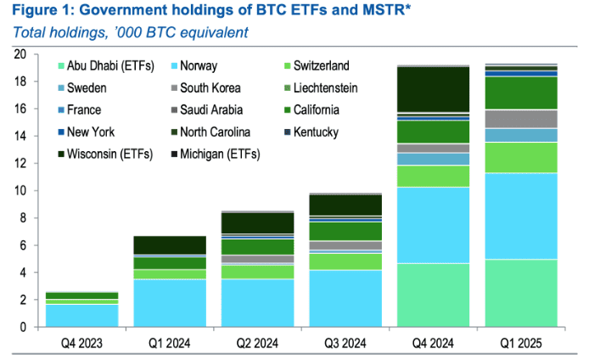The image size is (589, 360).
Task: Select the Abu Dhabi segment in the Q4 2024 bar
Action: tap(433, 295)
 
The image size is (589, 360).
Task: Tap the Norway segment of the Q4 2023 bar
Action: tap(82, 315)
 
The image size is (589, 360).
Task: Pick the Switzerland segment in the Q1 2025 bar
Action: tap(520, 157)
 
